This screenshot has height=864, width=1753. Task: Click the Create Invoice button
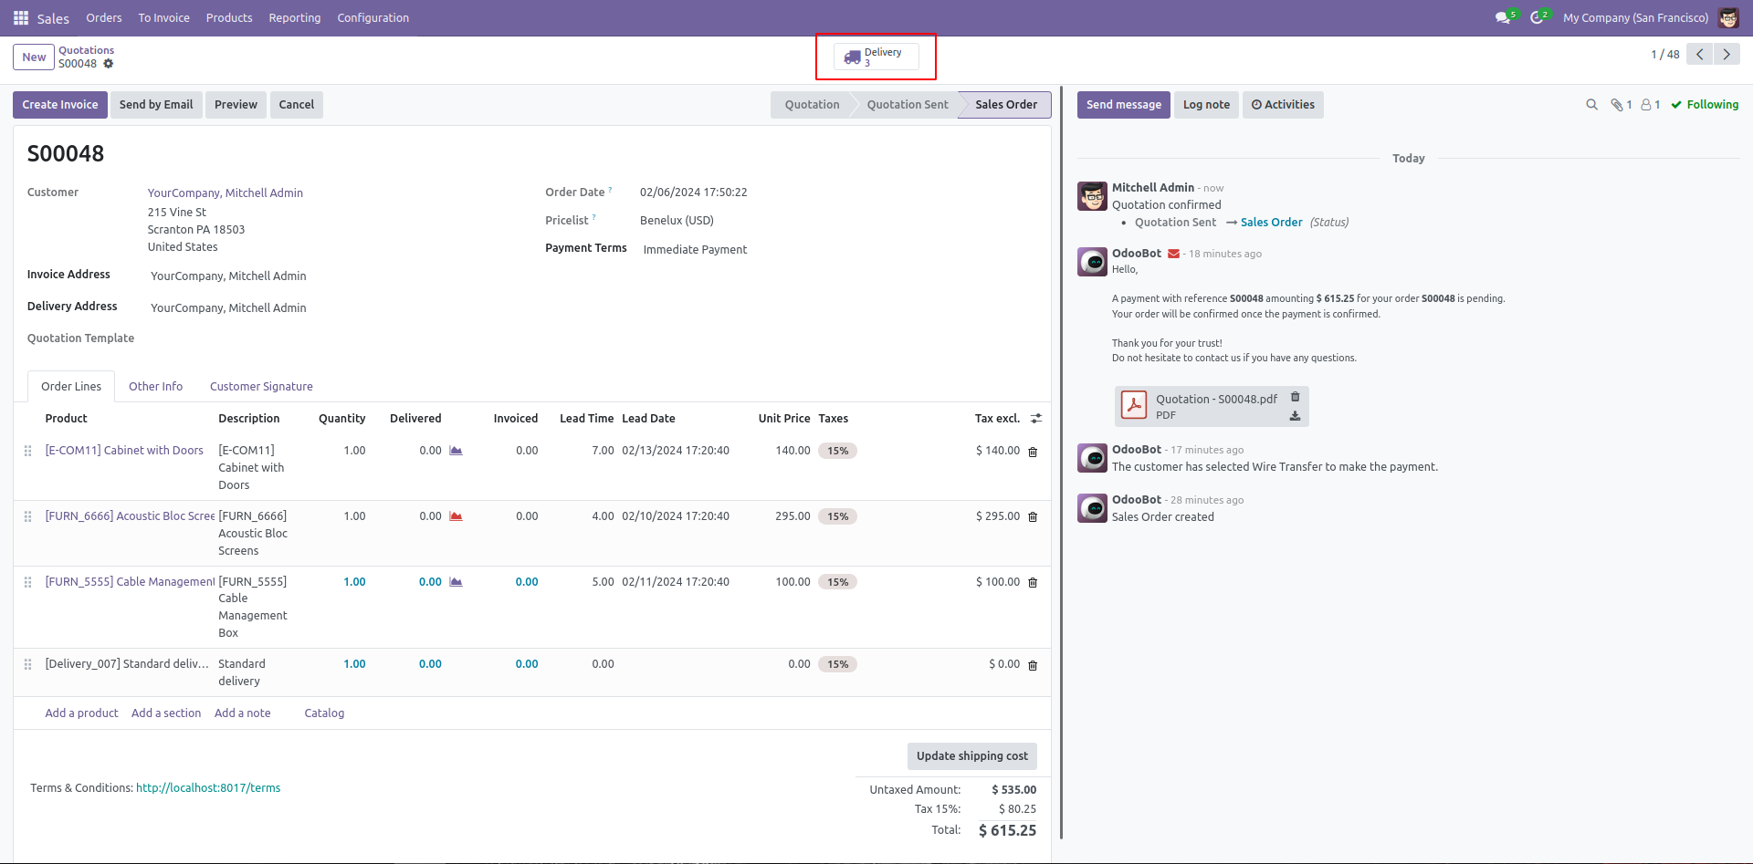60,105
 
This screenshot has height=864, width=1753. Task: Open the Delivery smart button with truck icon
876,57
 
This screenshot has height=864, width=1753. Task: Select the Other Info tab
155,387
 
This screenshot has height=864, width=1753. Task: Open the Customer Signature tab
261,387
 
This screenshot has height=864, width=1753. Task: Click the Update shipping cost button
971,756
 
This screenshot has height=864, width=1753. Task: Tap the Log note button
1206,105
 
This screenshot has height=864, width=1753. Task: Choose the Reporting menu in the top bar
295,18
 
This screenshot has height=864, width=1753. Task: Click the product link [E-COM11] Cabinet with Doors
124,451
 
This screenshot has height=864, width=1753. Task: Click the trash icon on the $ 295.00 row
1033,517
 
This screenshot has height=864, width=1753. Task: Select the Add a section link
166,713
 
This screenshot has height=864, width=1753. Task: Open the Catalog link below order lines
324,713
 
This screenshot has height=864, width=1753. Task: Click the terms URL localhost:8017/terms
208,788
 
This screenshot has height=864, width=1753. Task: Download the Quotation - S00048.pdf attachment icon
1295,416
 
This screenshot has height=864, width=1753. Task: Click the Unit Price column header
784,419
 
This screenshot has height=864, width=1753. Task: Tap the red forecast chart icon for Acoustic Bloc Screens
456,516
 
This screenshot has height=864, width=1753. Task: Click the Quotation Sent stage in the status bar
908,105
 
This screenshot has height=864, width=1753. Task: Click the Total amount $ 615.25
1007,830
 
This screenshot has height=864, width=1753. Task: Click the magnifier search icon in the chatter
1591,105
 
